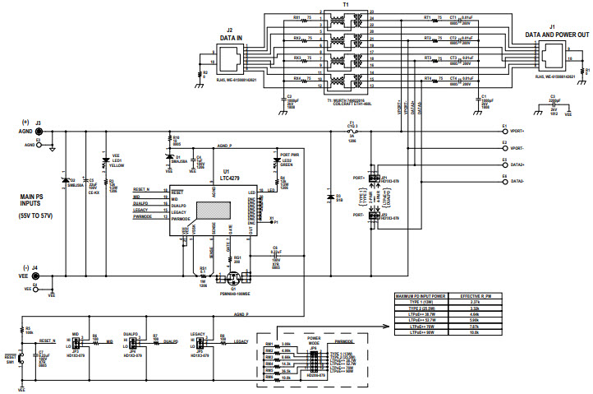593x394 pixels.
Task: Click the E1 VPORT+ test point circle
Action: (x=503, y=129)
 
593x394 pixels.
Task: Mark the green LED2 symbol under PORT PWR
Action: (x=274, y=162)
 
